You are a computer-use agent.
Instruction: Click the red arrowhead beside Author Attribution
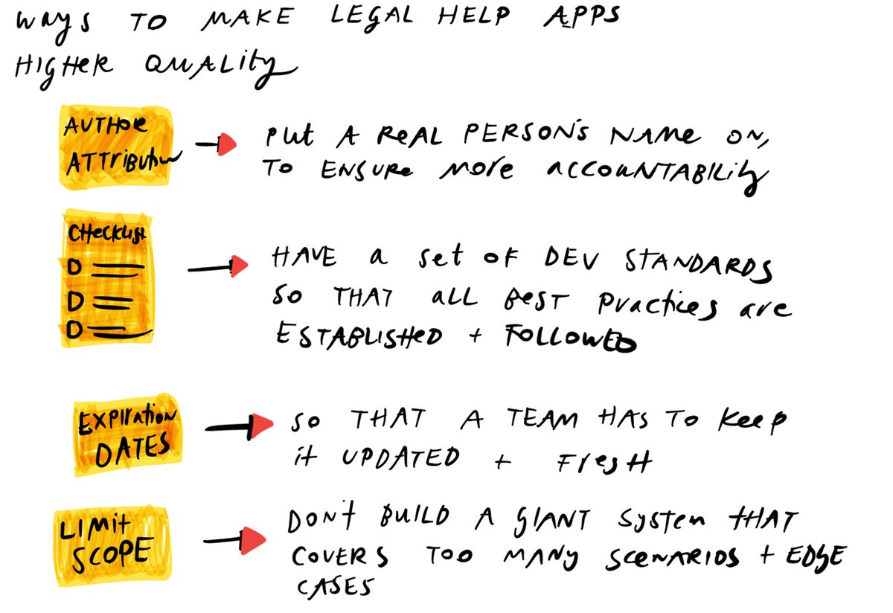pyautogui.click(x=227, y=146)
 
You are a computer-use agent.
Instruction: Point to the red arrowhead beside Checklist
pyautogui.click(x=239, y=266)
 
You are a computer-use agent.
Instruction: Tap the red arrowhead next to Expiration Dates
pyautogui.click(x=261, y=426)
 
